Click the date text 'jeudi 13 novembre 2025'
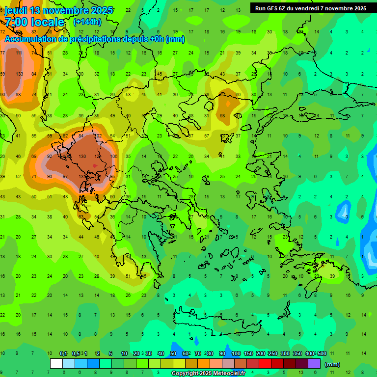(58, 10)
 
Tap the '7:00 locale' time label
(34, 22)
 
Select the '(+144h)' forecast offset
(86, 22)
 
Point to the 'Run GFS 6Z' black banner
(310, 8)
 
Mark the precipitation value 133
(19, 74)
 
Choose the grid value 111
(19, 53)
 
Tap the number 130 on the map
(82, 157)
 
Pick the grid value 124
(98, 157)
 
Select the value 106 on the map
(114, 157)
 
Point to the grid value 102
(98, 136)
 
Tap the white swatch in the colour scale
(56, 364)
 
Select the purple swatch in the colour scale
(314, 364)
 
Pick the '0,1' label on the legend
(63, 353)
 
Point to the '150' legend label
(248, 353)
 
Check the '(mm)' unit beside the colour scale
(332, 364)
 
